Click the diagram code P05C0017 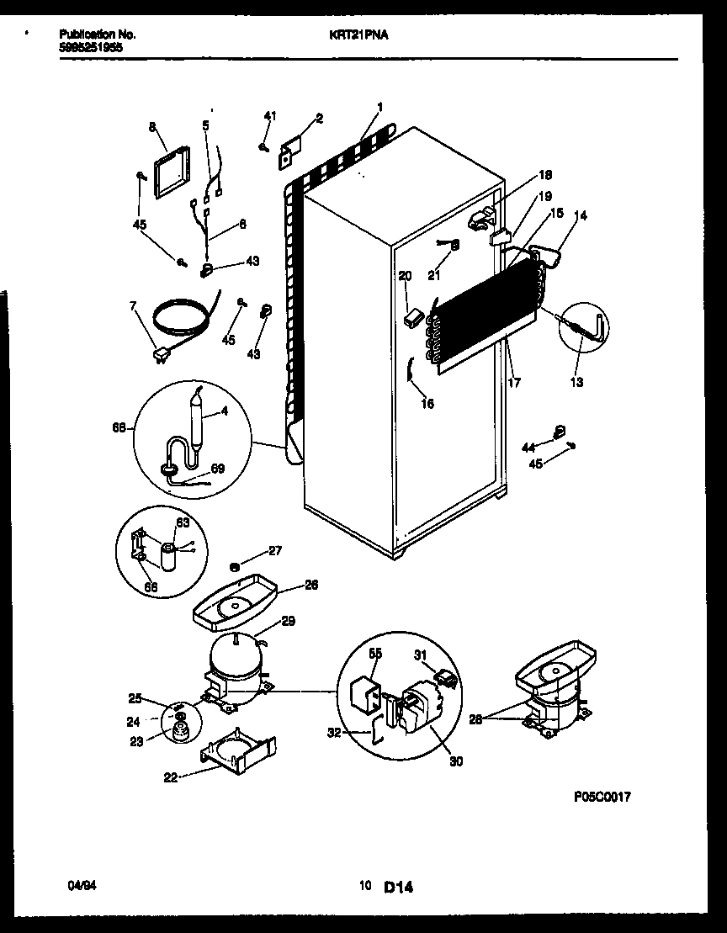click(602, 796)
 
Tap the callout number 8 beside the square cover click(152, 127)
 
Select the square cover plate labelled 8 click(172, 174)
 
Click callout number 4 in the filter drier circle click(225, 411)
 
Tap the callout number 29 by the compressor click(288, 622)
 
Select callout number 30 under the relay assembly click(456, 761)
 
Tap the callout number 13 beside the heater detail click(576, 382)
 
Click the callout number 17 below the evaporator click(513, 382)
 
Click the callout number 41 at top click(269, 115)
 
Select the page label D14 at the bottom click(400, 886)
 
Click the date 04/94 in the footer click(78, 885)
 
